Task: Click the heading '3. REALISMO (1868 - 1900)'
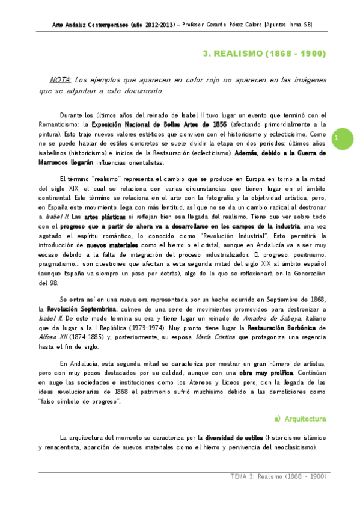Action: coord(264,54)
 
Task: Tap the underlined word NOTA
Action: coord(61,80)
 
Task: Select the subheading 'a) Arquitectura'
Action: coord(300,418)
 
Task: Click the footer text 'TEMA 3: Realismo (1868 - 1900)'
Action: coord(278,476)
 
